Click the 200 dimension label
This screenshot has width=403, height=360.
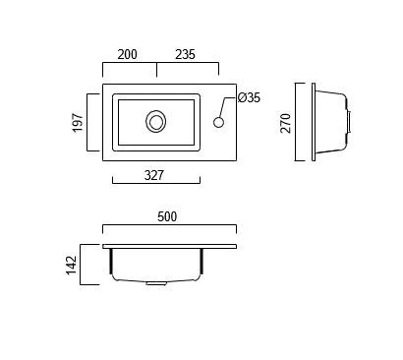[x=127, y=54]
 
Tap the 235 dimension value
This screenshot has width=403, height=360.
[x=185, y=54]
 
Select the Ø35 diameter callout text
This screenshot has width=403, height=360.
[x=249, y=97]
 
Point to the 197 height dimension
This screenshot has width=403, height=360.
[x=78, y=123]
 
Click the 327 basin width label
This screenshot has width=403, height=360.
[x=154, y=175]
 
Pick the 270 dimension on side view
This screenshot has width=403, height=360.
[x=286, y=123]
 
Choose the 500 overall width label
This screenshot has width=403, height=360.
[x=167, y=216]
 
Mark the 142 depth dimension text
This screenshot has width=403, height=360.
[x=71, y=266]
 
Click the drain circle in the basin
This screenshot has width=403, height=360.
[x=155, y=122]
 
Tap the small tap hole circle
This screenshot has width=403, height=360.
[x=218, y=122]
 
